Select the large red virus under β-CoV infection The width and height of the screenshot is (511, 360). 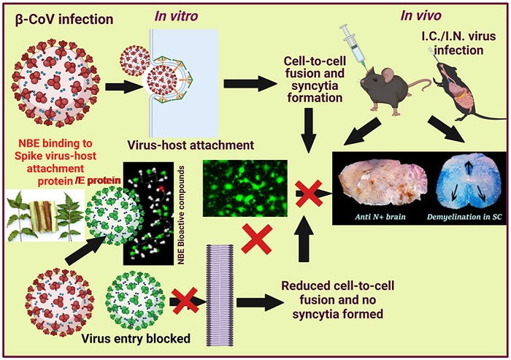53,80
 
